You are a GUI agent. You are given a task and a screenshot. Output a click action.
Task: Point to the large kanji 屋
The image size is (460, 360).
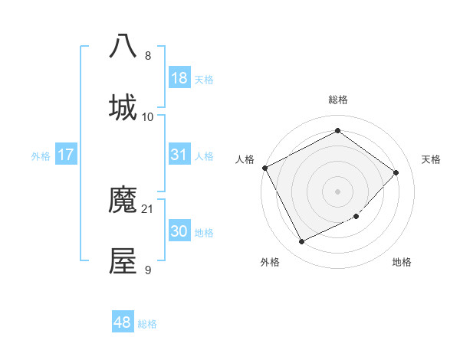123,261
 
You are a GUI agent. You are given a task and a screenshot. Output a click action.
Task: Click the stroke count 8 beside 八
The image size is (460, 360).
148,56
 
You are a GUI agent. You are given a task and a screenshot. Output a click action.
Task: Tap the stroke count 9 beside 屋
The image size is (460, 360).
148,270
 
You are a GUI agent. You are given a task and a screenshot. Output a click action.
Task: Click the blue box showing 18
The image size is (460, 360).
179,78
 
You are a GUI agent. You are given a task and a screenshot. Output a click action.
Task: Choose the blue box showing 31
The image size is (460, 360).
179,155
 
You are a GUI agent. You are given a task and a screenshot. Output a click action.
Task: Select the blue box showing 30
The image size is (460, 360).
179,231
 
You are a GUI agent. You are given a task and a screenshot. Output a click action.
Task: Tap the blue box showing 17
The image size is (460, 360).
66,155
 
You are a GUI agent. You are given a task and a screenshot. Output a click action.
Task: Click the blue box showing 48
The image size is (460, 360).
123,322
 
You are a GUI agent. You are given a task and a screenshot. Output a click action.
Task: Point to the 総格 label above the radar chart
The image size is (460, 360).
337,100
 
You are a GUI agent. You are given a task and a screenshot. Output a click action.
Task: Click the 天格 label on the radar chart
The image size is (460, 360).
432,159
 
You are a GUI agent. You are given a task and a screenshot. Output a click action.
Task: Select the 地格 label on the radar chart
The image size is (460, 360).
402,262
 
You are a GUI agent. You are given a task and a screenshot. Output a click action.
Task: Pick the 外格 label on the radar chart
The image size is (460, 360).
270,262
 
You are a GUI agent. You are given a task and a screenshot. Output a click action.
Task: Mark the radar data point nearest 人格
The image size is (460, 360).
264,168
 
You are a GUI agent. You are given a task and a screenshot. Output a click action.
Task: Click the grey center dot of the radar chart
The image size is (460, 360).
337,191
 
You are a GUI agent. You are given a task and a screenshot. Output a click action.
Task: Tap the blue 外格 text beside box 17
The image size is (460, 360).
40,155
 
